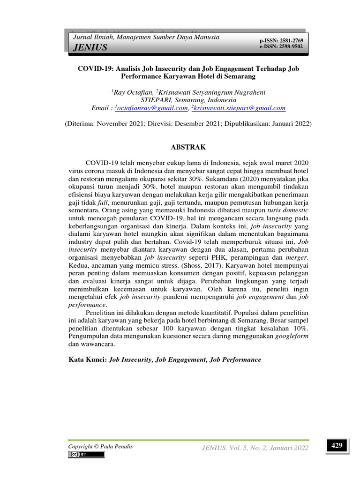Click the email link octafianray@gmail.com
[x=152, y=108]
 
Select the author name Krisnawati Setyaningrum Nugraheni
[x=210, y=92]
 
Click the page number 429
[x=337, y=446]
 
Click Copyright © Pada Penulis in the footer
[x=100, y=447]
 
